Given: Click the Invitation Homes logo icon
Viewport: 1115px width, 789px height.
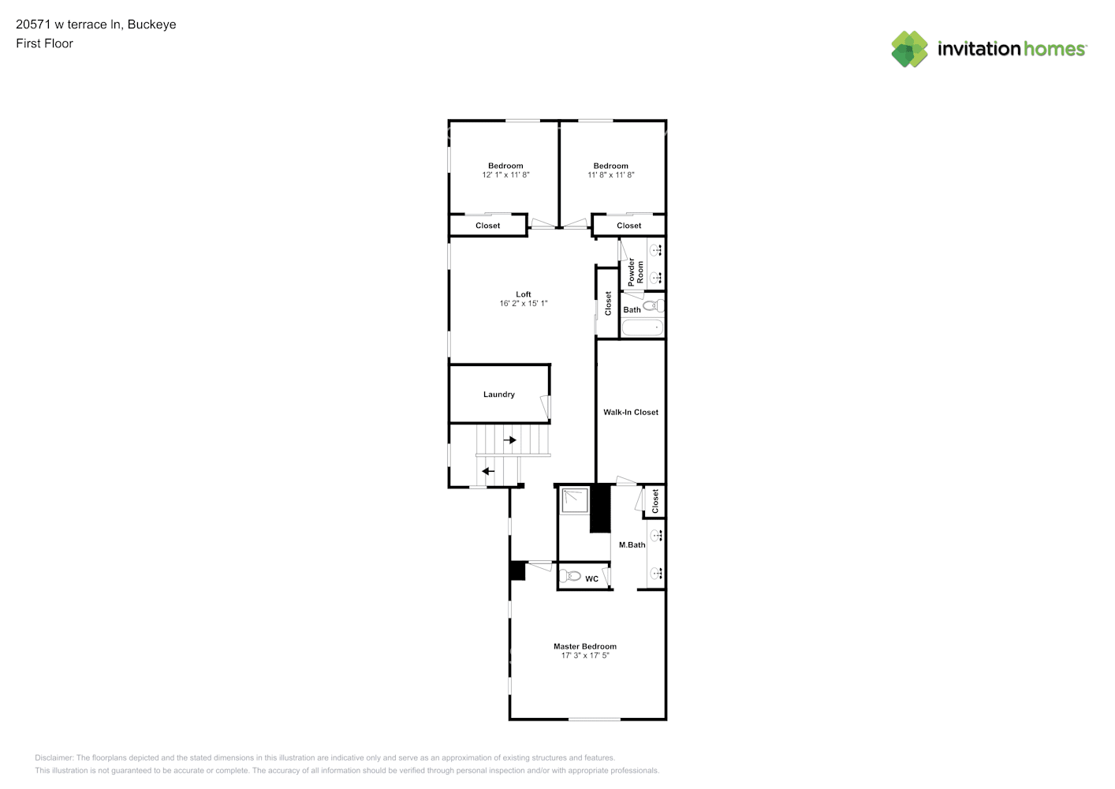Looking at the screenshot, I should point(909,49).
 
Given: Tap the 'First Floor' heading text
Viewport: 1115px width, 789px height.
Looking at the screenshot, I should point(44,43).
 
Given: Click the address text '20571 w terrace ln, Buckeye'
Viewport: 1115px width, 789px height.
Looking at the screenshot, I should point(96,24).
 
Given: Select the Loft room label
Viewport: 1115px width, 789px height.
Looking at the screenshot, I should point(524,294).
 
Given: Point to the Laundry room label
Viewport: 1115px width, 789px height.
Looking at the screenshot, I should point(499,394).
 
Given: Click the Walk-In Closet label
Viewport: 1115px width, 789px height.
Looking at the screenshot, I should point(631,412).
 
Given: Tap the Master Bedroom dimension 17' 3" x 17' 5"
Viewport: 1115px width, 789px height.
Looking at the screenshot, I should point(585,656).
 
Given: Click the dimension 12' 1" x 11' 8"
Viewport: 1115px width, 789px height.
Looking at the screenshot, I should point(505,175).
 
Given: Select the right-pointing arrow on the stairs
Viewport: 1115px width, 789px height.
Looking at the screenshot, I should point(510,440).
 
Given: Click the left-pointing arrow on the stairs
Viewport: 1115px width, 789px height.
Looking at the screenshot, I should point(488,472).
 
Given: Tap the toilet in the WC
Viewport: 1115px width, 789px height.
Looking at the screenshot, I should point(572,576).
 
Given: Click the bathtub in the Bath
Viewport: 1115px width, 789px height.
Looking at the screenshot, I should point(642,327).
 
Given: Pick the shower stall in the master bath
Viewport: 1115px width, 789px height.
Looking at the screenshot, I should point(573,500).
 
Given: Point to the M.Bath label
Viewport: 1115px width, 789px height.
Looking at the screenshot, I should point(632,545).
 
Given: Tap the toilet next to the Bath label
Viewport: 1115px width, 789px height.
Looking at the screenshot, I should point(653,305).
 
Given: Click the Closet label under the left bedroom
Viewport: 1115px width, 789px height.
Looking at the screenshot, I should point(487,226).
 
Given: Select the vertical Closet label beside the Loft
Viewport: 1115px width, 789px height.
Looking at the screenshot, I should point(608,304).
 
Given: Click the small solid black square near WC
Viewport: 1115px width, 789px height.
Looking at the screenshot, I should point(517,571).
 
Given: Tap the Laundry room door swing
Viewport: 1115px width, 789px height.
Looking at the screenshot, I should point(545,407).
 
